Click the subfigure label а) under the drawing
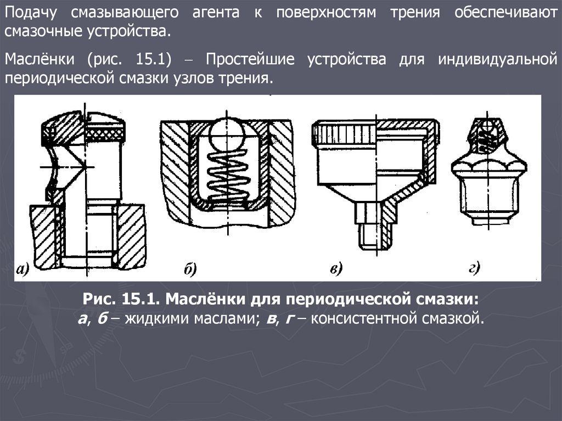22,269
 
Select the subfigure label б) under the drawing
190,268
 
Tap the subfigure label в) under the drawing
336,268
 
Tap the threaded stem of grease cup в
376,237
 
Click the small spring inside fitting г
487,139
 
